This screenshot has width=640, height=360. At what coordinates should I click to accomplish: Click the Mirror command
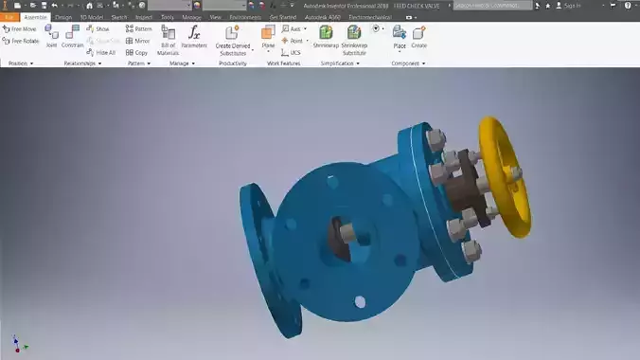(x=137, y=41)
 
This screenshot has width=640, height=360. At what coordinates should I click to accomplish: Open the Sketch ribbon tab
(x=119, y=17)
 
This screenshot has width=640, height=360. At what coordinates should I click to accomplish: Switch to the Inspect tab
(x=144, y=17)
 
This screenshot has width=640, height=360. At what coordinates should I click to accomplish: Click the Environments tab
(x=245, y=17)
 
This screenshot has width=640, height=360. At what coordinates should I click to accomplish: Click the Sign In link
(x=571, y=6)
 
